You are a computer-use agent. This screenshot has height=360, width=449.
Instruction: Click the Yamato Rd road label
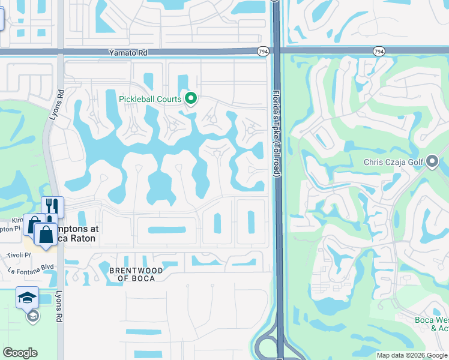point(128,53)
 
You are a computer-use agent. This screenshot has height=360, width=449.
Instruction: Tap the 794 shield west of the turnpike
point(263,52)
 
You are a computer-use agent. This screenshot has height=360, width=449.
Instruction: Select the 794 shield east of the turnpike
point(379,52)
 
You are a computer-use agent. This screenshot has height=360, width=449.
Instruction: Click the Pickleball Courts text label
point(150,98)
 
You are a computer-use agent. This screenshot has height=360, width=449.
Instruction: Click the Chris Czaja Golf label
point(393,162)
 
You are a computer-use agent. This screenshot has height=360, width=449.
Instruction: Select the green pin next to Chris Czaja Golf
point(432,161)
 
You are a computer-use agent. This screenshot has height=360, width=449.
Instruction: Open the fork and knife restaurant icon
point(52,207)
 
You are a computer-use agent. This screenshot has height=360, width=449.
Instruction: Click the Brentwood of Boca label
point(136,274)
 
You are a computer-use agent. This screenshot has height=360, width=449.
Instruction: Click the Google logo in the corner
point(20,353)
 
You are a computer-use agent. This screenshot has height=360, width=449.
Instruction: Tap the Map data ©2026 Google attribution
point(412,355)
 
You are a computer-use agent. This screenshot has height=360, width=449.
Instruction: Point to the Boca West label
point(432,319)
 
